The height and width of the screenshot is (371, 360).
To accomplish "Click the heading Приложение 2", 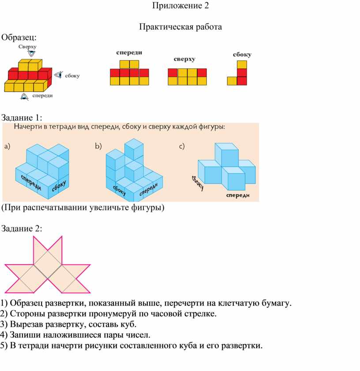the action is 180,5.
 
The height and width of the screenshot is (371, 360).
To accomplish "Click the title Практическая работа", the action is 180,27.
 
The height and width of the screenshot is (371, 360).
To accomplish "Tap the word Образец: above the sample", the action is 19,37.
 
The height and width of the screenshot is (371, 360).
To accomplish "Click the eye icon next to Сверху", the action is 31,53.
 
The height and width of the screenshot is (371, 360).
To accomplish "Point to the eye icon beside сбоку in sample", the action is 59,75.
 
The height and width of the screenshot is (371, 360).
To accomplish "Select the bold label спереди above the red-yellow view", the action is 129,53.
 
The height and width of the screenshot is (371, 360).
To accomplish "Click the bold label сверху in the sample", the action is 184,59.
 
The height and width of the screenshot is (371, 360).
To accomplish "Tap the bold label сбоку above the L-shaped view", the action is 242,55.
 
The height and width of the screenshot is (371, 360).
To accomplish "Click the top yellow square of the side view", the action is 242,65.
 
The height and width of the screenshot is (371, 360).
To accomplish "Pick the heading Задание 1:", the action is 22,118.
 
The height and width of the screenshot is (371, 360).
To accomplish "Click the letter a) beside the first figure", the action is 7,146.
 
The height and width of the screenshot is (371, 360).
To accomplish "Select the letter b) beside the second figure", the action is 98,146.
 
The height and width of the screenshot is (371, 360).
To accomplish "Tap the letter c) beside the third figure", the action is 182,146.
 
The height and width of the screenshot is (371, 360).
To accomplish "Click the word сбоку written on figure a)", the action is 59,185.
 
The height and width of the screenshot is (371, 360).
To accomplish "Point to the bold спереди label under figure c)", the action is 238,196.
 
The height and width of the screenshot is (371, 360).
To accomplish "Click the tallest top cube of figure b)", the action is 134,149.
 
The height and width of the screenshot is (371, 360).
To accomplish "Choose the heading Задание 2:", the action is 22,229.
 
